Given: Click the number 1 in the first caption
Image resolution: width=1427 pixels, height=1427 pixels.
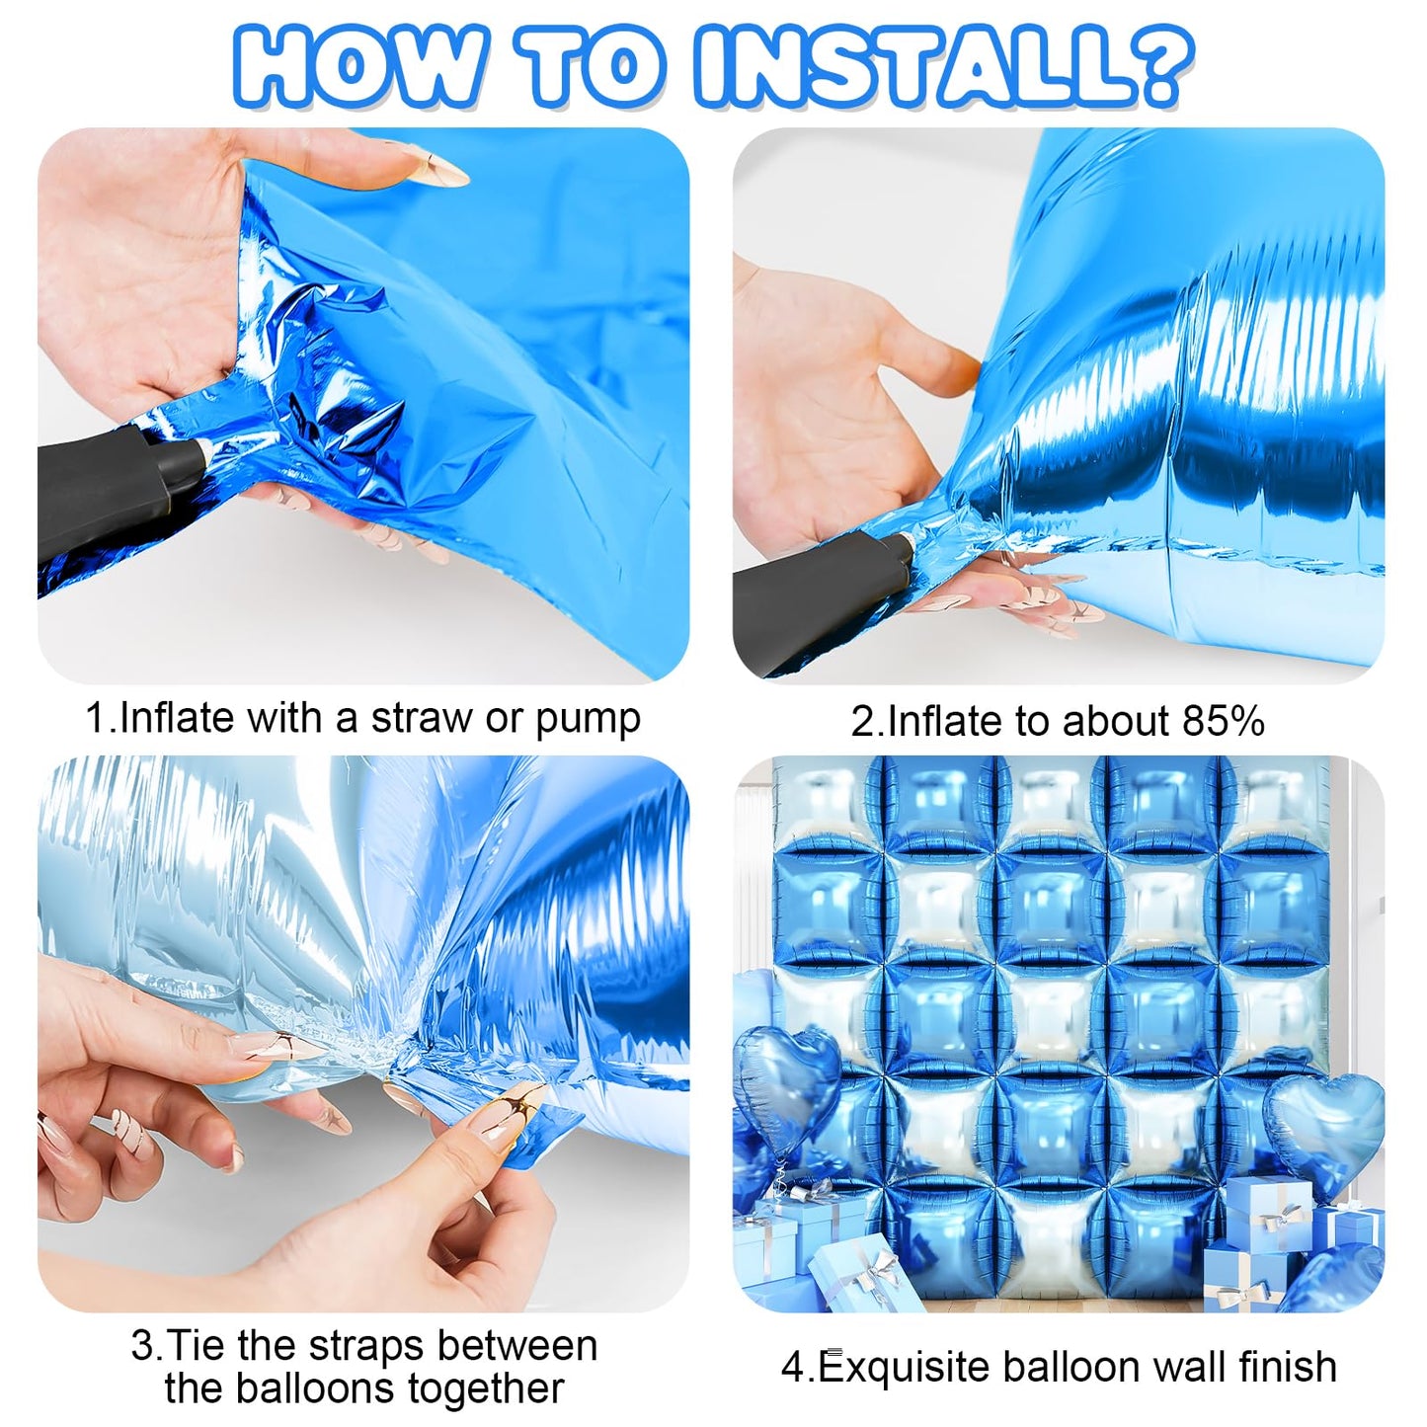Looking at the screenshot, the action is point(97,718).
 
